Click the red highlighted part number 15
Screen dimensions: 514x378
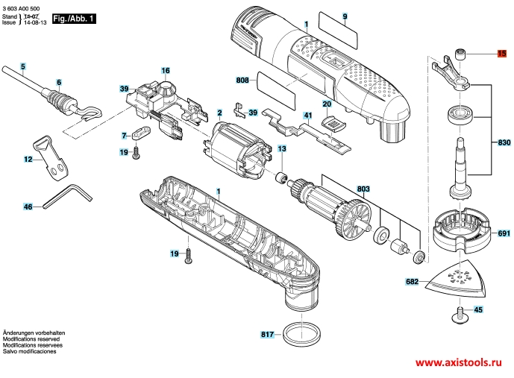pos(501,53)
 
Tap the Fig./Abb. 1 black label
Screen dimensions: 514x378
pos(74,19)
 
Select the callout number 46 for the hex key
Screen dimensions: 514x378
pos(28,207)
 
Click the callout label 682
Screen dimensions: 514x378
pos(412,281)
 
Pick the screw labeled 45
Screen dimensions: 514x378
pos(460,314)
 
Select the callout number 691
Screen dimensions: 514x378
pos(504,233)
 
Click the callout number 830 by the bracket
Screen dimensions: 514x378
pos(504,142)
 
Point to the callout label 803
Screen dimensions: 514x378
pos(363,189)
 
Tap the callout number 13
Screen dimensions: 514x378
pos(282,148)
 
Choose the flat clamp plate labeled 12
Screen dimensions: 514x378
pos(51,158)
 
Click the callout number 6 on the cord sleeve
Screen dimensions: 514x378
pos(59,82)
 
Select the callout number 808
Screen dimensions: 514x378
pos(242,80)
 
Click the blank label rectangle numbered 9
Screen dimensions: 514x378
pos(337,31)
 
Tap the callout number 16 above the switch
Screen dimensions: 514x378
pos(166,70)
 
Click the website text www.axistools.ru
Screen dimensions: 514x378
pos(458,362)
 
